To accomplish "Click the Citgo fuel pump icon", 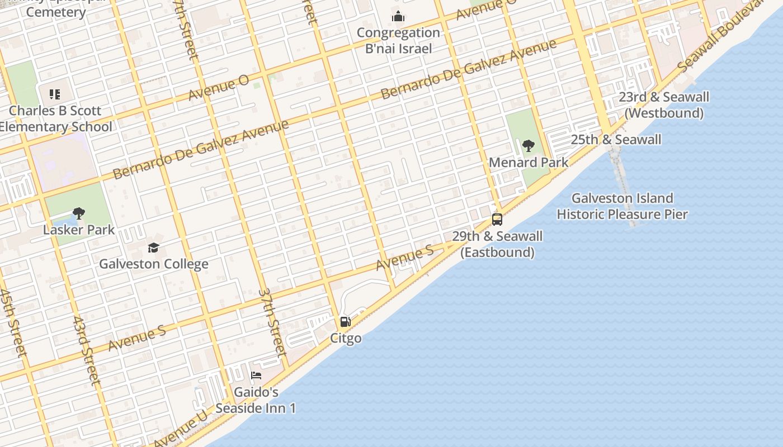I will click(346, 322).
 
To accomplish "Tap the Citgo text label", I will click(346, 338).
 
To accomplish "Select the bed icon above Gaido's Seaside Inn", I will click(256, 375).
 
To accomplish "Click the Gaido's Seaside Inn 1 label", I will click(256, 400).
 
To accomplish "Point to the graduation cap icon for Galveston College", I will click(153, 248).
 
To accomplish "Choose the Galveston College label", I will click(154, 264).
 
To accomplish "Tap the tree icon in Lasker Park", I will click(79, 213).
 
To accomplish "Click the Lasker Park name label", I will click(79, 230).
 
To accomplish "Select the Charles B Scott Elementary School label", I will click(55, 118).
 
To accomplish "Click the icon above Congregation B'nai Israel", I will click(398, 16).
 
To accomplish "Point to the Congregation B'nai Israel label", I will click(398, 41).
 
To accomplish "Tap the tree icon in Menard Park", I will click(528, 146).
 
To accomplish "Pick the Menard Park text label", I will click(529, 163).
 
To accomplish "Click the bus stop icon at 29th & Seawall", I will click(497, 219).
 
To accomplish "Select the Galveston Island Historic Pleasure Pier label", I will click(622, 206).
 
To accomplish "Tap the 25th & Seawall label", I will click(616, 140).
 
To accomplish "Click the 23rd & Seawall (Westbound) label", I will click(664, 105).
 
